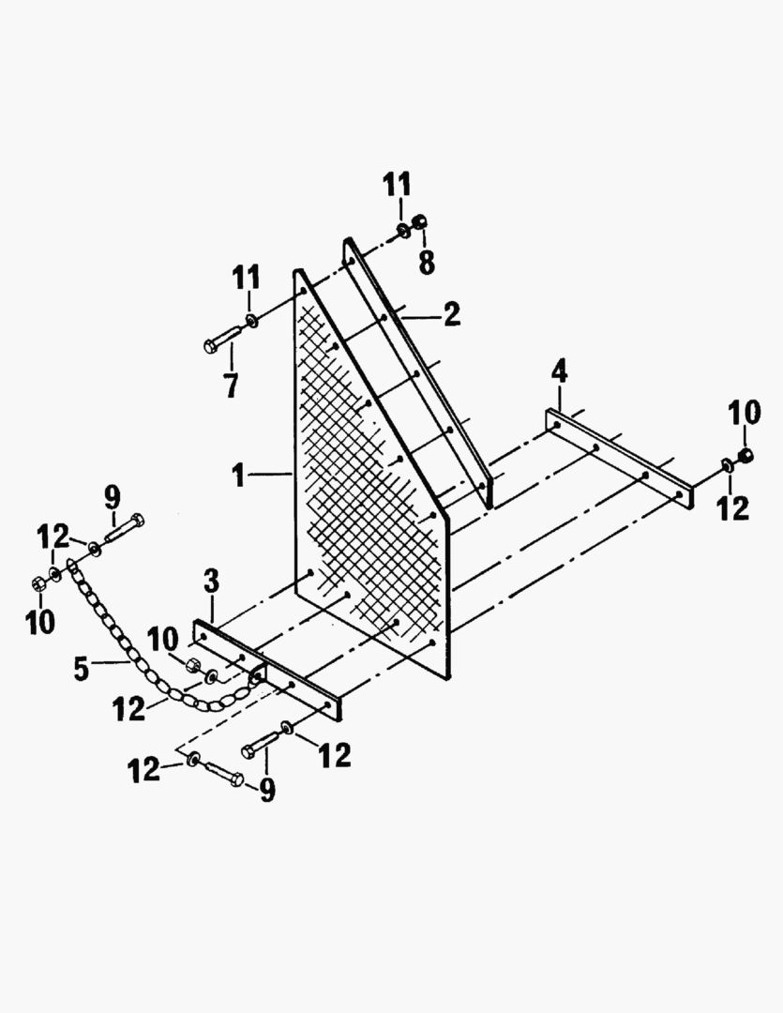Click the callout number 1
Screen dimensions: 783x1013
point(239,476)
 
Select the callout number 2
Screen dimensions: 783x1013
point(452,314)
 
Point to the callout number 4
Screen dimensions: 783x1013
point(559,372)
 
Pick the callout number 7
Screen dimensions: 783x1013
point(231,386)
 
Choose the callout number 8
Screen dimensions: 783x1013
point(427,262)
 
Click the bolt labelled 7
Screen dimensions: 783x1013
point(223,340)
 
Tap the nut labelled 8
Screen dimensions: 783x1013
point(419,221)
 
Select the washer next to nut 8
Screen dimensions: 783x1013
point(402,229)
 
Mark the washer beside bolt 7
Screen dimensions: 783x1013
point(251,320)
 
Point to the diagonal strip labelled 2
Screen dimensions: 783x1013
point(417,372)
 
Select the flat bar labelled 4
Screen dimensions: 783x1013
point(619,460)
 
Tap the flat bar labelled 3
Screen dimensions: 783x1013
point(267,670)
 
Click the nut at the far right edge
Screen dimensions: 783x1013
point(745,456)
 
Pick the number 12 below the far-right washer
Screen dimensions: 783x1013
point(732,507)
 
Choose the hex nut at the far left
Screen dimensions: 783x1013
point(38,583)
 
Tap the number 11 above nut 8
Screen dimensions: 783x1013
point(396,185)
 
